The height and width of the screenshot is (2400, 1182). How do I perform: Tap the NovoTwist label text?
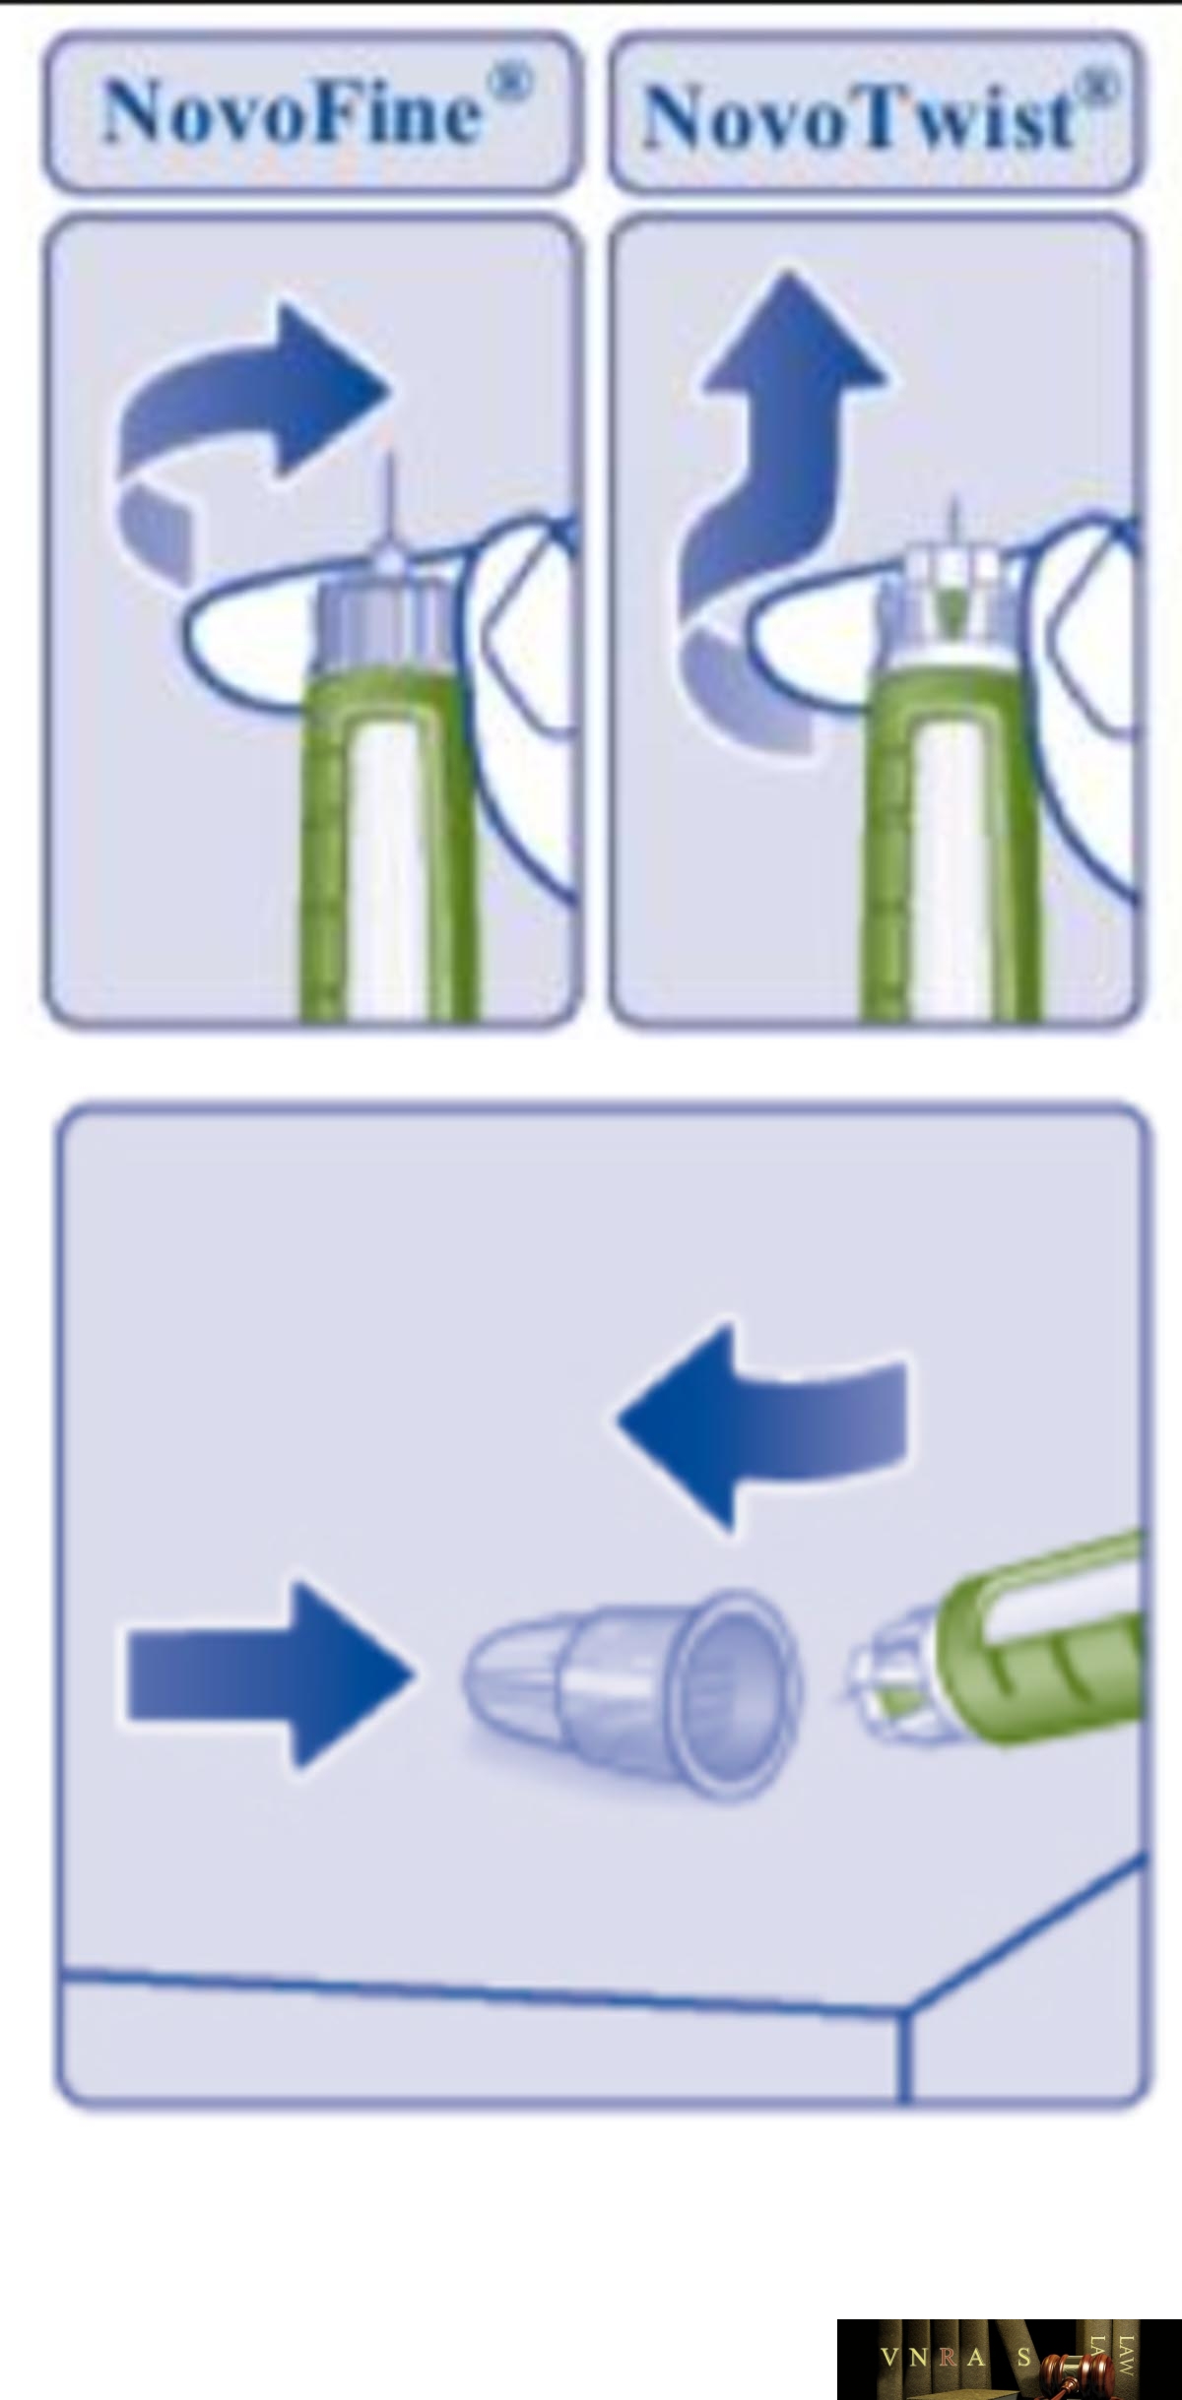point(857,118)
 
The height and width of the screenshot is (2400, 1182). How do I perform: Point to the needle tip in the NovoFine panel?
point(390,459)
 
